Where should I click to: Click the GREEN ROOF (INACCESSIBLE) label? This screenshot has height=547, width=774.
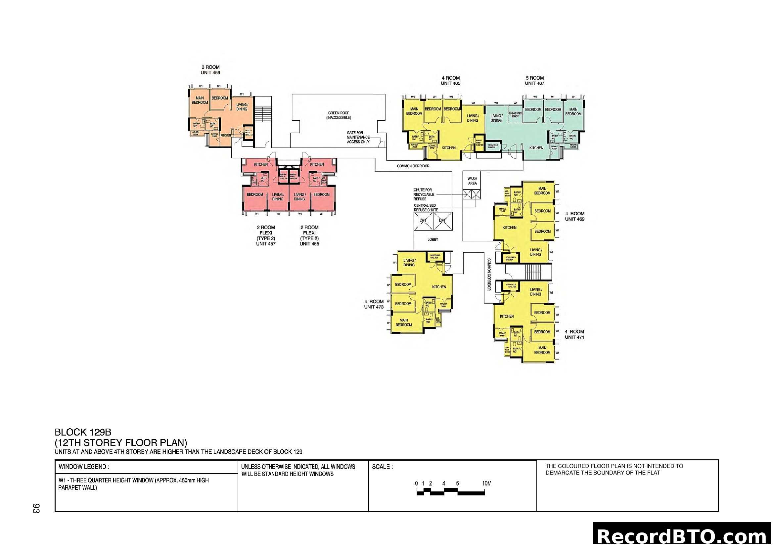339,115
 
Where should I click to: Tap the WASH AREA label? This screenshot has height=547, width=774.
472,181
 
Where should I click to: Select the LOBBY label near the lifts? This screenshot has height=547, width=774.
433,239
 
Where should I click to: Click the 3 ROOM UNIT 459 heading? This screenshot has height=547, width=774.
210,70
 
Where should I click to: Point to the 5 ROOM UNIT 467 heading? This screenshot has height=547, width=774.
534,80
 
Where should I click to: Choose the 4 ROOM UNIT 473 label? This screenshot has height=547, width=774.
374,304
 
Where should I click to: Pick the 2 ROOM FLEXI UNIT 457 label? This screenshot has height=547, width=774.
266,235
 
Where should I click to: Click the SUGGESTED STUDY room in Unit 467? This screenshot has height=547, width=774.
515,115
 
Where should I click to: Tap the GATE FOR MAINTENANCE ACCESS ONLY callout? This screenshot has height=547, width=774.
358,138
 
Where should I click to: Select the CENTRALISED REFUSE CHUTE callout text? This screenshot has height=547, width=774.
426,207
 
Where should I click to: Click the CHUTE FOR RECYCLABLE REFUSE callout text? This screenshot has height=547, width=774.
424,194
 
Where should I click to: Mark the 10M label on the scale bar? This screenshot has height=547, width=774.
486,484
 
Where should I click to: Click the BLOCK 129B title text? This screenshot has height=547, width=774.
83,432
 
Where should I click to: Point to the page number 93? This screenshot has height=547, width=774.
36,508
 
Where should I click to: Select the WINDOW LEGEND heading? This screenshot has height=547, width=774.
84,467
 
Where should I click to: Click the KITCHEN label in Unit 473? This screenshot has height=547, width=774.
439,287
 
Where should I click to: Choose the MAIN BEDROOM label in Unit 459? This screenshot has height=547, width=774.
200,100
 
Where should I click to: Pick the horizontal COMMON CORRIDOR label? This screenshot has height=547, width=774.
413,166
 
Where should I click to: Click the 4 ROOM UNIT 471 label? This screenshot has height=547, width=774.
574,334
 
